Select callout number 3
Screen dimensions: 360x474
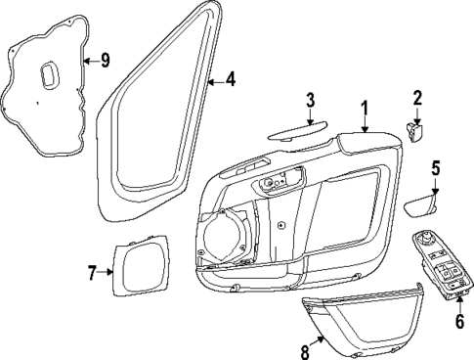pos(309,99)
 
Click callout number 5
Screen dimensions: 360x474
pos(436,167)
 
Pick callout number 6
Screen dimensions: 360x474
pos(458,319)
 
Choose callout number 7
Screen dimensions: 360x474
pos(94,273)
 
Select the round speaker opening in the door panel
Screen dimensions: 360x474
pos(224,239)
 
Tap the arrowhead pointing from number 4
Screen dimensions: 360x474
pos(212,79)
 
